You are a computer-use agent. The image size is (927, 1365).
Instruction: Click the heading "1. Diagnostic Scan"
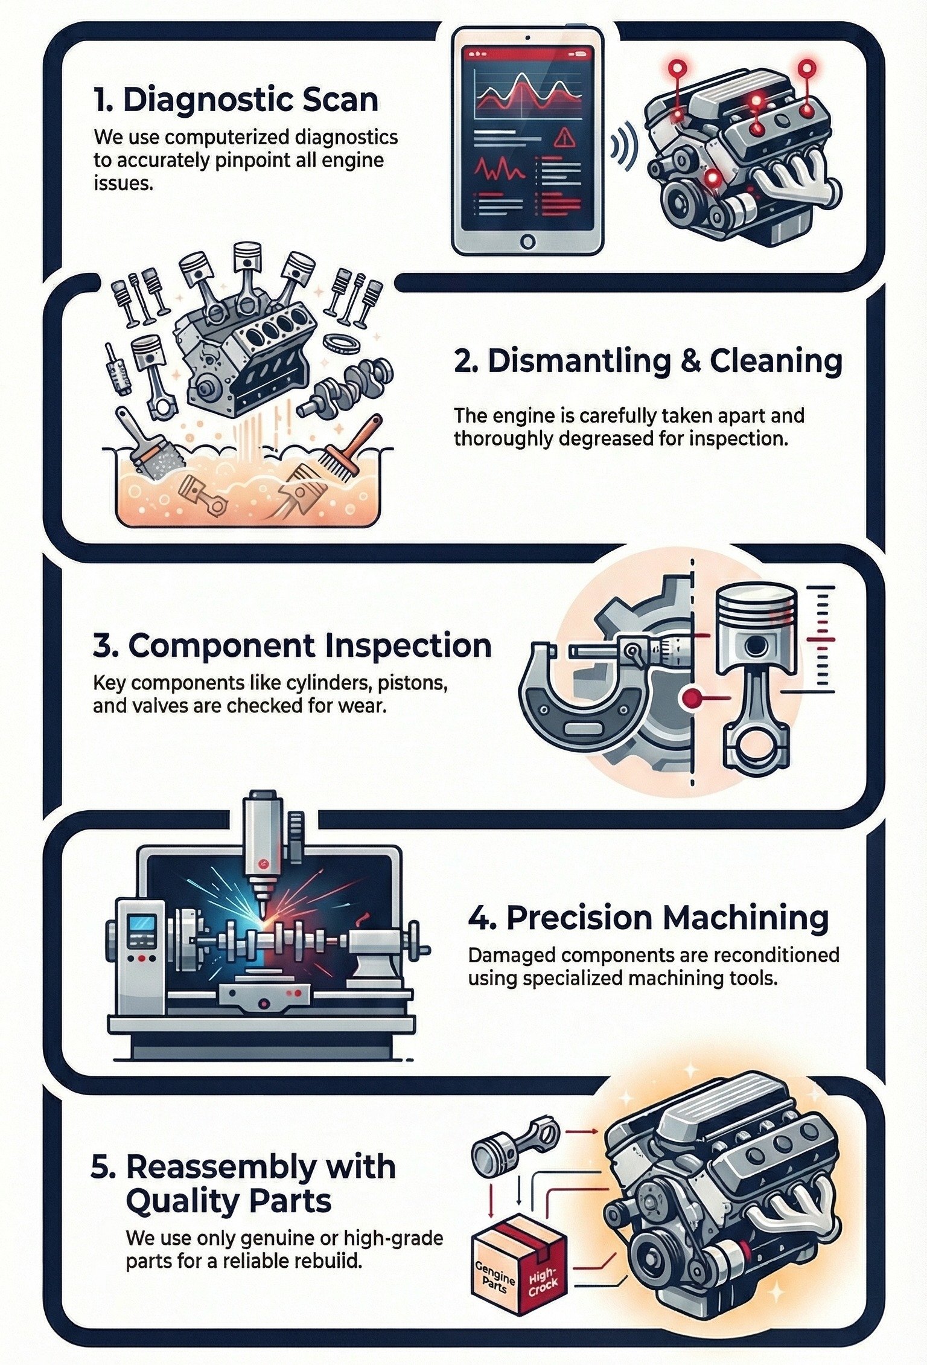[236, 100]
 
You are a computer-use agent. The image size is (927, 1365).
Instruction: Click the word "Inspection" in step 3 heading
[408, 645]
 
